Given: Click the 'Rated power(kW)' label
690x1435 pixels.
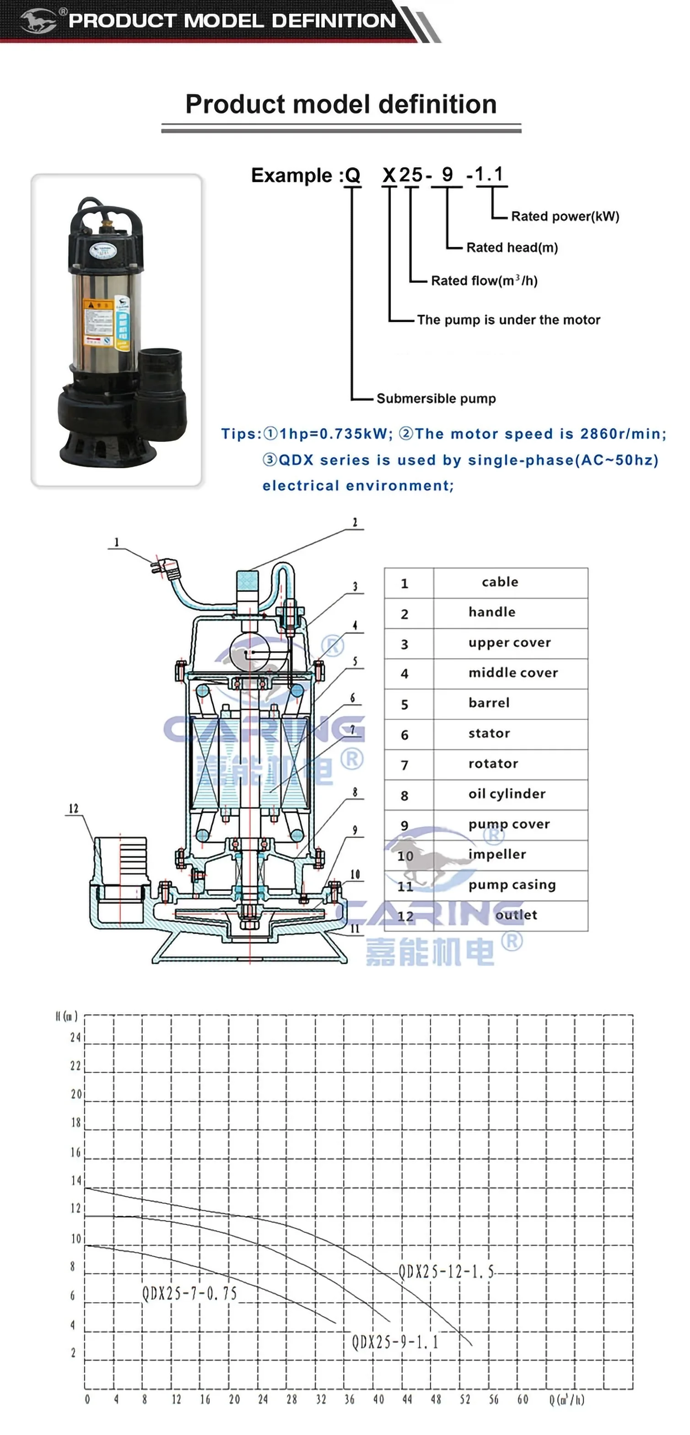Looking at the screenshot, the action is click(565, 216).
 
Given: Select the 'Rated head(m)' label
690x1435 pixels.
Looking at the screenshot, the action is click(512, 247).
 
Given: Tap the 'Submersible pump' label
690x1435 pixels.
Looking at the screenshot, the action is click(436, 398).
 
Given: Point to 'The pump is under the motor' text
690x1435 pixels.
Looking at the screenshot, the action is click(508, 320).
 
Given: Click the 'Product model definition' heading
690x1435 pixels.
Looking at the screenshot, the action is click(340, 104).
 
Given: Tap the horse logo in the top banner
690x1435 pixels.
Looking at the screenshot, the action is click(38, 21).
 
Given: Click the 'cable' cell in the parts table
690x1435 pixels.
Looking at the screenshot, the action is click(500, 582).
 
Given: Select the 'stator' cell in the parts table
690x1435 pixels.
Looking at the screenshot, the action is click(489, 733).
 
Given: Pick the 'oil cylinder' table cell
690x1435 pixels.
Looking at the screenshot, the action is click(507, 794).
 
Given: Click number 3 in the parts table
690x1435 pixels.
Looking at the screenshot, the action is click(404, 644).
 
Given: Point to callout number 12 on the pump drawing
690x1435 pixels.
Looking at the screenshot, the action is click(74, 809).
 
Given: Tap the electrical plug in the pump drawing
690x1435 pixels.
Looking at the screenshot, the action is click(166, 567).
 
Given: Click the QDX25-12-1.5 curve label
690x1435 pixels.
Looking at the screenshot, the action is click(447, 1272).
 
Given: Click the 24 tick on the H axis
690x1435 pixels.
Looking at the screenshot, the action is click(75, 1037).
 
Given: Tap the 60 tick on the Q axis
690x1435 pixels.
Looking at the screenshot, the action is click(522, 1399).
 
